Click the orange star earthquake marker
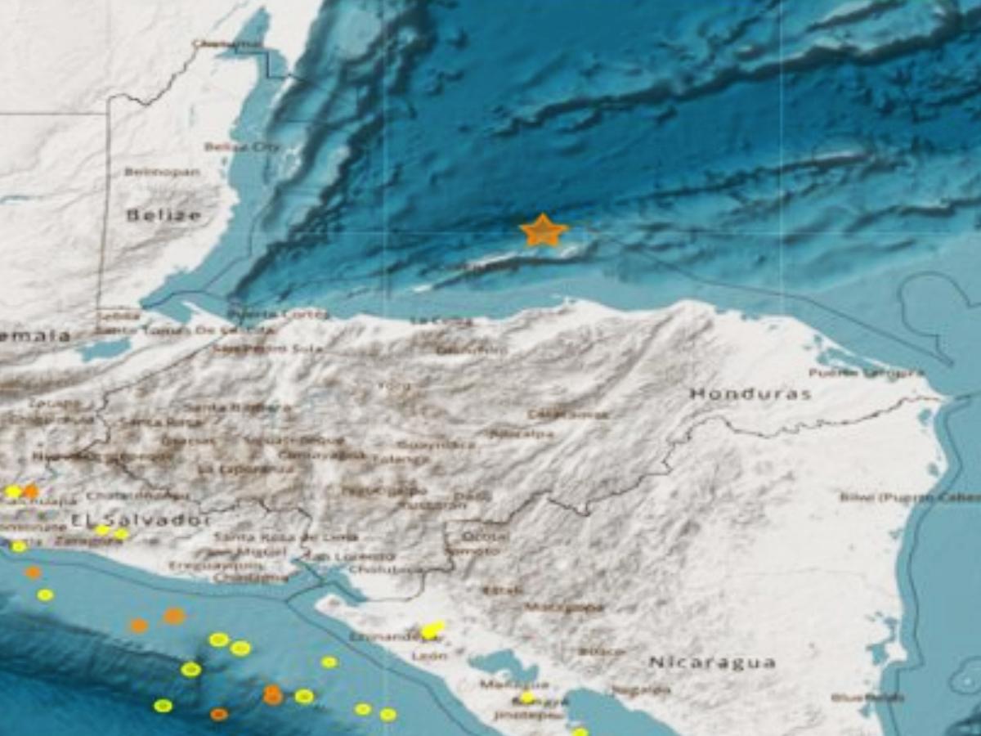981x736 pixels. (x=543, y=231)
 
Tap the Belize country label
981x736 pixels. (x=163, y=215)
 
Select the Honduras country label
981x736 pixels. (x=750, y=393)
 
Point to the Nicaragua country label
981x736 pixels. (x=712, y=662)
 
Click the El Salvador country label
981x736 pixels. (x=140, y=519)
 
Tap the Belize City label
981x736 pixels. (x=241, y=147)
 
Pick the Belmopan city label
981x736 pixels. (x=162, y=172)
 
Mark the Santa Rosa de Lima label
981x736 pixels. (x=286, y=537)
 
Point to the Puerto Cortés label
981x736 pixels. (x=278, y=313)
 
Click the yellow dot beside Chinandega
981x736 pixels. (x=432, y=629)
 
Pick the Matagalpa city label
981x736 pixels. (x=564, y=608)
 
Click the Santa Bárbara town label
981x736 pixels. (x=237, y=406)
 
